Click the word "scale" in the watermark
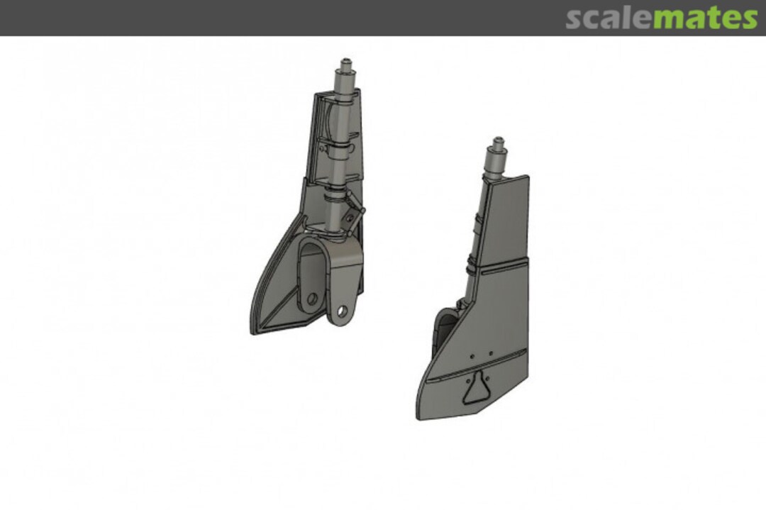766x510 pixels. (x=609, y=18)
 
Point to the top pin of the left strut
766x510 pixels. (x=347, y=64)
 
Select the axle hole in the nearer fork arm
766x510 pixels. (x=342, y=311)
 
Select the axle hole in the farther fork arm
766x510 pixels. (x=311, y=298)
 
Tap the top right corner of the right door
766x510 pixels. (x=527, y=177)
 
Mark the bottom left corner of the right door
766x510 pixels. (x=418, y=416)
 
